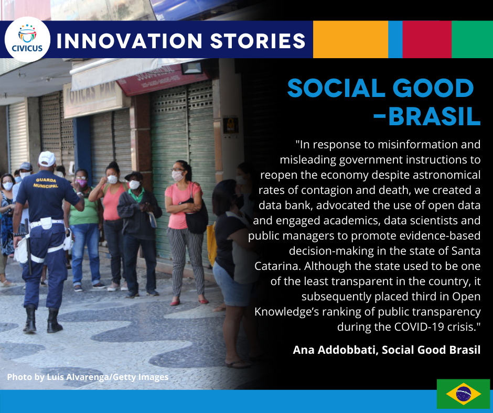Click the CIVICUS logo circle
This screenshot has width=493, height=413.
[x=27, y=39]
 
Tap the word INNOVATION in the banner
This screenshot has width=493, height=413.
[x=129, y=41]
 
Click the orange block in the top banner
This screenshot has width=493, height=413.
[x=350, y=39]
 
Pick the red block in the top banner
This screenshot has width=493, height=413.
[x=427, y=39]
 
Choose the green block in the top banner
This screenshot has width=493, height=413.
[x=472, y=39]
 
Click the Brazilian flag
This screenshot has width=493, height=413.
[x=464, y=394]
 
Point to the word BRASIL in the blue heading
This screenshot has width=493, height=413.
[x=434, y=116]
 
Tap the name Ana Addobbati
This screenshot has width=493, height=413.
[x=335, y=350]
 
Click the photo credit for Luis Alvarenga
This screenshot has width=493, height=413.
[x=88, y=377]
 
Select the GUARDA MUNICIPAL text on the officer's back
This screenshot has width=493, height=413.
[x=46, y=183]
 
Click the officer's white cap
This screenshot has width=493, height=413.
[x=47, y=159]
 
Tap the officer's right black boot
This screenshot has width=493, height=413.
[x=54, y=321]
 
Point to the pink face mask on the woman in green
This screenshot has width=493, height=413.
[x=81, y=183]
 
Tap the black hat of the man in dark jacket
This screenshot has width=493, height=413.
[x=134, y=176]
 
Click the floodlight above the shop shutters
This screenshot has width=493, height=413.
[x=191, y=68]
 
